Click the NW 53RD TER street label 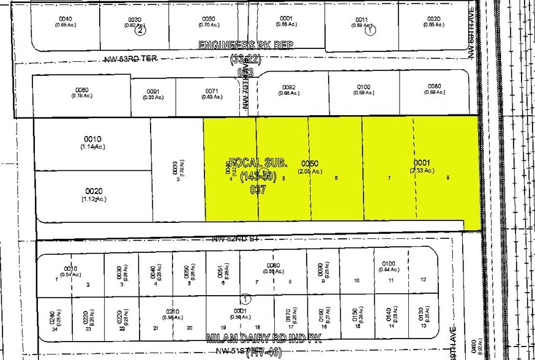[130, 60]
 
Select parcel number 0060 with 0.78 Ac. [83, 89]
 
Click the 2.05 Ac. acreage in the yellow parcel [310, 171]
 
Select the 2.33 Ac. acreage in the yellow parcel [422, 170]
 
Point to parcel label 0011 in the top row [361, 19]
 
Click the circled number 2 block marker [140, 29]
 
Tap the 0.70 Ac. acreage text [209, 25]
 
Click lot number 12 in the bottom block [423, 279]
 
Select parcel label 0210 [172, 311]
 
